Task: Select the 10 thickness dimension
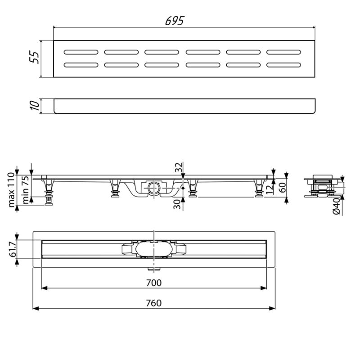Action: [x=35, y=107]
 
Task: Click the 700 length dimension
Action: [x=154, y=283]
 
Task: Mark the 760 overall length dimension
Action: [x=154, y=303]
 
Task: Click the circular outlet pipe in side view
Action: [x=152, y=187]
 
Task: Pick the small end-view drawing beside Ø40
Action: [x=322, y=186]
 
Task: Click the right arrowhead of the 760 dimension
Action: [x=273, y=308]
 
